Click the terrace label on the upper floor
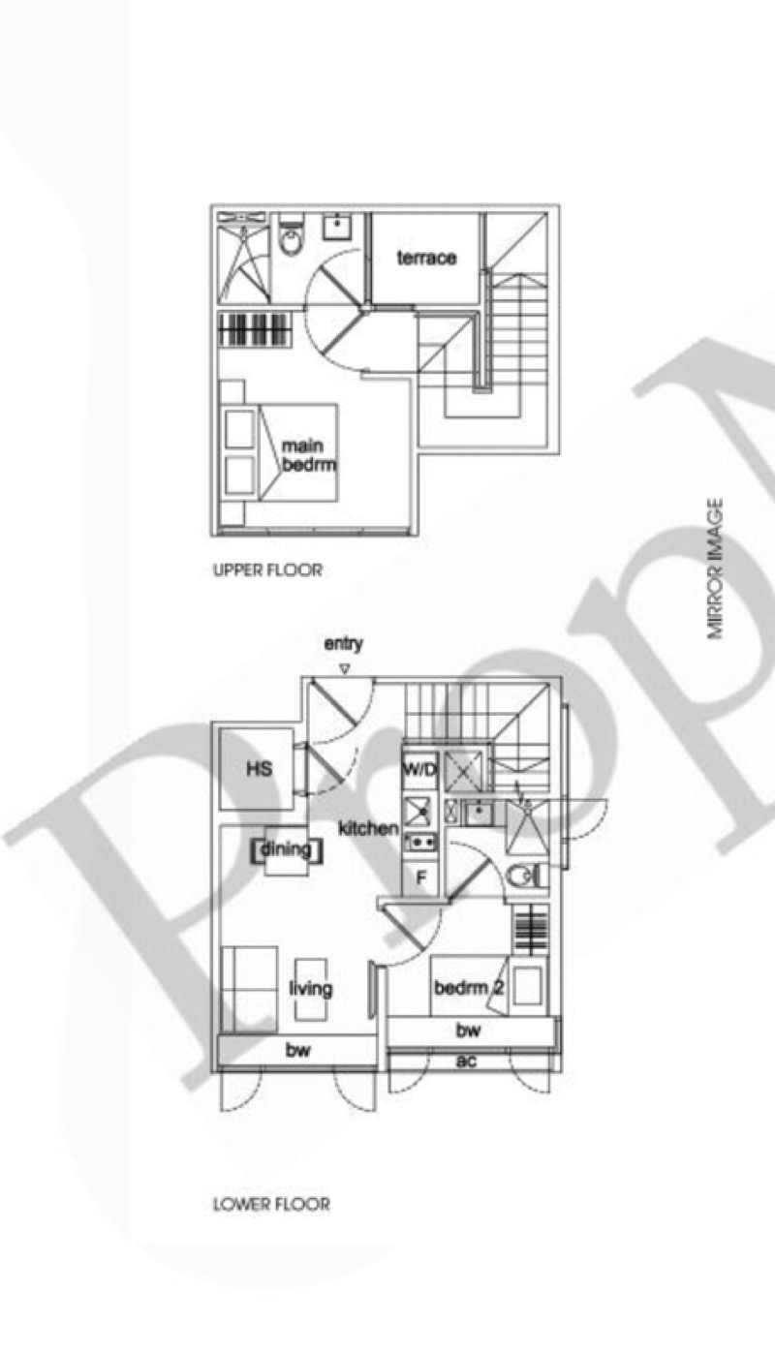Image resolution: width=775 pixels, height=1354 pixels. pos(426,258)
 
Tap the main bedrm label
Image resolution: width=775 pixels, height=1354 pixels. pos(309,455)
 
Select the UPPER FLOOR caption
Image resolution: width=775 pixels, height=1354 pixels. pos(267,570)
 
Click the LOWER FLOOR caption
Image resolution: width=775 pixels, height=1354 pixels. pos(271,1204)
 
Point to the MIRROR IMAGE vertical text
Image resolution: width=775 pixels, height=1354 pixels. pos(715,569)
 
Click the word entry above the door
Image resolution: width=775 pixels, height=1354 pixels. pos(343,644)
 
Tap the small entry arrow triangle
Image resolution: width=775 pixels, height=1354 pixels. pos(345,669)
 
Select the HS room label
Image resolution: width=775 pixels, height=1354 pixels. pos(260,769)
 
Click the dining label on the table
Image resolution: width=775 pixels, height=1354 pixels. pos(286,849)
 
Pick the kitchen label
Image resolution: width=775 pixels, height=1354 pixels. pos(368,827)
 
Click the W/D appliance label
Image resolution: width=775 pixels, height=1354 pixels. pos(419,770)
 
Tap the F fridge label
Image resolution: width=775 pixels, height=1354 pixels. pos(421,877)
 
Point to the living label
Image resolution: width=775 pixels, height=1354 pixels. pos(311,988)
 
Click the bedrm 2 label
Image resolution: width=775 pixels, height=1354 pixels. pos(469,988)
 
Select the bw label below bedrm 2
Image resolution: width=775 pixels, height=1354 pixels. pos(468,1030)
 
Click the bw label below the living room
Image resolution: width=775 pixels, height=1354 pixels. pos(297,1050)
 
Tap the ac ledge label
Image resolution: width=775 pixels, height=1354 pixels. pos(466,1061)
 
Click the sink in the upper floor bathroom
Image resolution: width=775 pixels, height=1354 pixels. pos(336,228)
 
